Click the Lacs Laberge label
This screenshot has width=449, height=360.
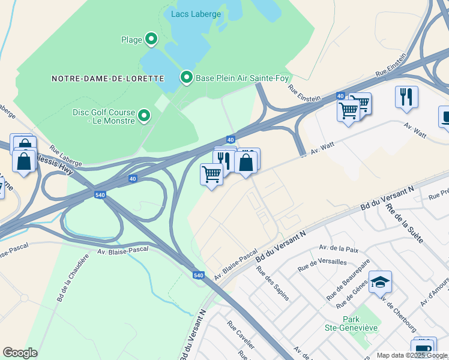pyautogui.click(x=196, y=14)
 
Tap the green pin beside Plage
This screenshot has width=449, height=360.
pyautogui.click(x=151, y=40)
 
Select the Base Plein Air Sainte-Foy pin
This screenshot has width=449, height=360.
pyautogui.click(x=187, y=77)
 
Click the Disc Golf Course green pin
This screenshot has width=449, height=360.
pyautogui.click(x=144, y=115)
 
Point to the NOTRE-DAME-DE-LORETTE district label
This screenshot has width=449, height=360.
pyautogui.click(x=108, y=79)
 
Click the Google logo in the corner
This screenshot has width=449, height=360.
pyautogui.click(x=20, y=353)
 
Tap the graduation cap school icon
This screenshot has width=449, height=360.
pyautogui.click(x=380, y=281)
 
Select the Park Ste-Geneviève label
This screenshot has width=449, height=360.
pyautogui.click(x=360, y=323)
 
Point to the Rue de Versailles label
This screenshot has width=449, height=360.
pyautogui.click(x=322, y=262)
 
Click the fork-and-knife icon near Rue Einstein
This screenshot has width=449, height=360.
pyautogui.click(x=406, y=97)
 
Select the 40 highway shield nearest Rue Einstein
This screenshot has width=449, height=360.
pyautogui.click(x=340, y=96)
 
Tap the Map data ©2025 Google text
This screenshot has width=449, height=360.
pyautogui.click(x=411, y=355)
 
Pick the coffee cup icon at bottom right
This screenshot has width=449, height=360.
pyautogui.click(x=423, y=349)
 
